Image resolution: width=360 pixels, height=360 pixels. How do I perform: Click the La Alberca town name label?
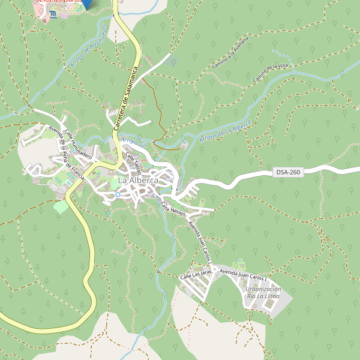point(138,180)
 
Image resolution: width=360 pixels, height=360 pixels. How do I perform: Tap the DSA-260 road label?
point(288,172)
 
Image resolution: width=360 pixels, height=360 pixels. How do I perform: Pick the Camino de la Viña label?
point(271,73)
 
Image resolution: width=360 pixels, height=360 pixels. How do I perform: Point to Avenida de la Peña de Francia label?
point(66,155)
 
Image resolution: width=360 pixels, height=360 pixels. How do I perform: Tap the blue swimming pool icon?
point(55,13)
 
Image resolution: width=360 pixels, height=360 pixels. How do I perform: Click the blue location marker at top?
point(88,3)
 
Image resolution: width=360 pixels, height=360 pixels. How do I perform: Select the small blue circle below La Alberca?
point(118,194)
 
